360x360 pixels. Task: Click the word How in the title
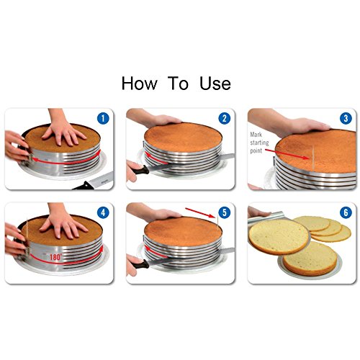tap(140, 84)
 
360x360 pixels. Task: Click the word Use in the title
tap(215, 84)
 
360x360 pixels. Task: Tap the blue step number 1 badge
tap(103, 118)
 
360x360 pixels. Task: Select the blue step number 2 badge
tap(225, 118)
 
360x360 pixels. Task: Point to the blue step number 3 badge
tap(346, 118)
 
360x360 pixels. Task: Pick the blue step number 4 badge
tap(103, 212)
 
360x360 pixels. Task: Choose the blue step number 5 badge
tap(225, 212)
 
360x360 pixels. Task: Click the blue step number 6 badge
tap(346, 212)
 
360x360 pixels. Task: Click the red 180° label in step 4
tap(55, 257)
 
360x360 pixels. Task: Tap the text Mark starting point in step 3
tap(259, 143)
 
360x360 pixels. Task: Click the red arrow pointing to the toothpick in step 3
tap(287, 154)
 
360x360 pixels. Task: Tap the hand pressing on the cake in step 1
tap(63, 129)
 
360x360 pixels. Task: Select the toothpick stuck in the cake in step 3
tap(313, 157)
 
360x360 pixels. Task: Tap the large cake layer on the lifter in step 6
tap(279, 237)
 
